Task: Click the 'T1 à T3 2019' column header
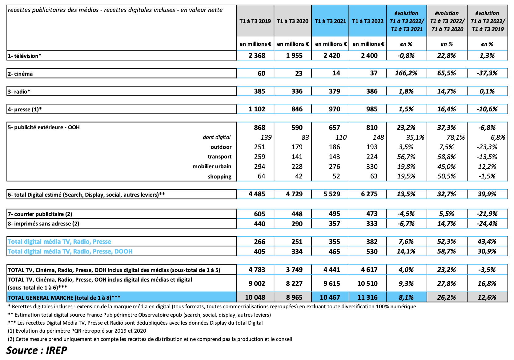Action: pos(255,21)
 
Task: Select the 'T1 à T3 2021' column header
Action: pos(330,21)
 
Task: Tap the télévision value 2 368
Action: pos(257,56)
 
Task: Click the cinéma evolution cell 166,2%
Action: pos(406,73)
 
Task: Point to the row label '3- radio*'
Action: pos(19,91)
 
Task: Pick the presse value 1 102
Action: pos(257,109)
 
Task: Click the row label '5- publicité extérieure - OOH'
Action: pos(44,127)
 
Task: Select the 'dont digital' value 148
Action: pos(378,138)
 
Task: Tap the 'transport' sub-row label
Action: pos(219,157)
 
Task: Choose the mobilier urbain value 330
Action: pos(372,166)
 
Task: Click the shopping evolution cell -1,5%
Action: pos(487,176)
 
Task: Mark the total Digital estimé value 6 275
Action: pos(369,194)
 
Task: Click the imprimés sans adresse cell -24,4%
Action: pos(487,224)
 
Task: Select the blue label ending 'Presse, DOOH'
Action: pos(70,251)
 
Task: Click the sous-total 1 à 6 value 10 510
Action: pos(367,283)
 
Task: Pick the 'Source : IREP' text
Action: pos(37,350)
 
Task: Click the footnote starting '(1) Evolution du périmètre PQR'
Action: pos(77,331)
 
